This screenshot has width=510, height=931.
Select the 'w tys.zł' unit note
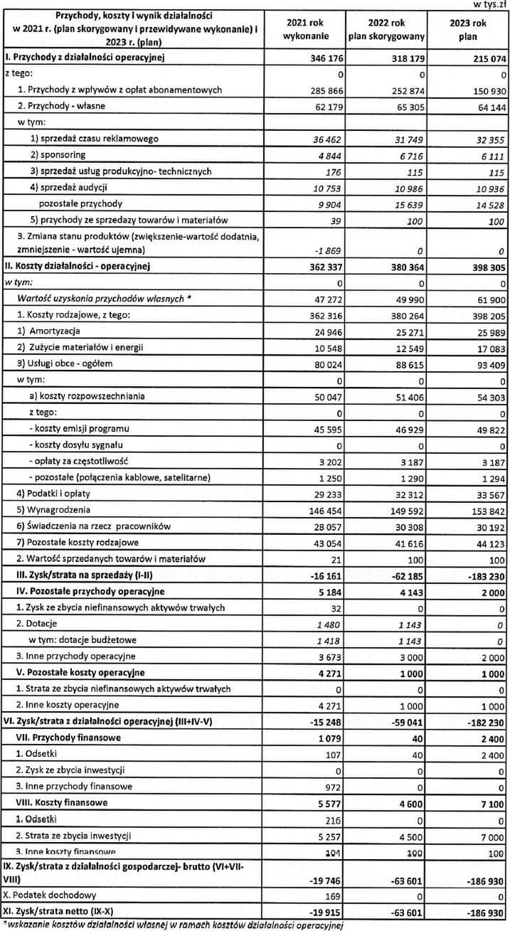click(492, 4)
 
